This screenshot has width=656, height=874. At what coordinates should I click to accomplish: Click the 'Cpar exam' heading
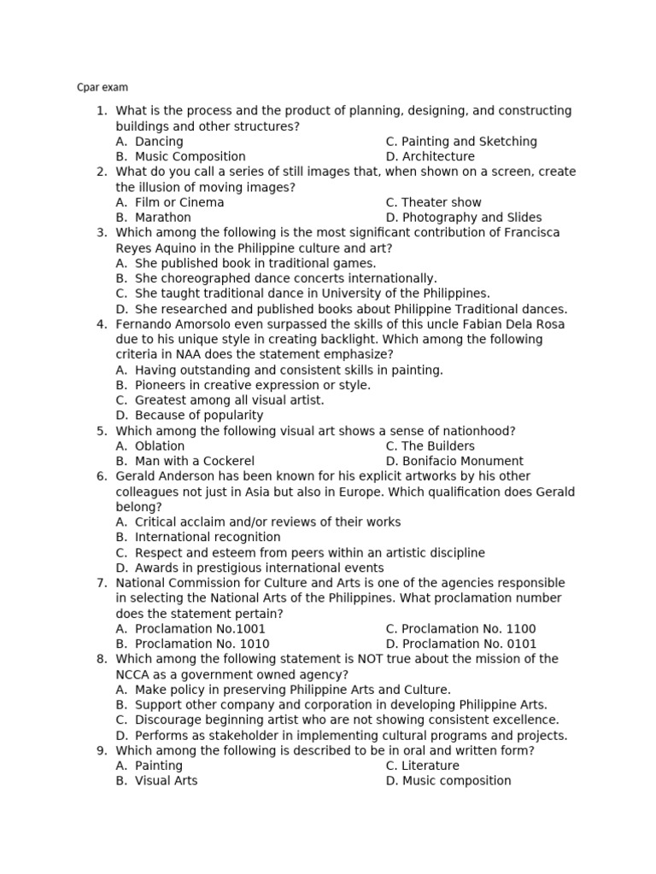[x=102, y=87]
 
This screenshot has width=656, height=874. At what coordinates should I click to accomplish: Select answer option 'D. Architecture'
[x=430, y=157]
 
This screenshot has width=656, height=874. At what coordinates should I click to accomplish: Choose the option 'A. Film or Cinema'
[x=170, y=202]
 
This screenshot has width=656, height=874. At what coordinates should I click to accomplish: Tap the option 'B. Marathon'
[x=154, y=218]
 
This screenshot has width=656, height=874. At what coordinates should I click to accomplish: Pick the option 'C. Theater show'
[x=433, y=202]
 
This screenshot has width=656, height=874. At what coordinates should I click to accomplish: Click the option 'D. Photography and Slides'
[x=463, y=218]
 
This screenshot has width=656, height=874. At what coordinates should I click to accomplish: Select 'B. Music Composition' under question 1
[x=180, y=157]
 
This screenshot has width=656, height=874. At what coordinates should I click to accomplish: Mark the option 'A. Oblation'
[x=150, y=446]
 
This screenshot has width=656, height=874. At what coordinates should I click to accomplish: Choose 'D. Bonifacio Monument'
[x=454, y=462]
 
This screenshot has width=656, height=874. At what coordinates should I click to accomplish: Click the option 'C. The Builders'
[x=430, y=446]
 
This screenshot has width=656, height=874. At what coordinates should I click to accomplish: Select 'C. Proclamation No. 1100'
[x=460, y=629]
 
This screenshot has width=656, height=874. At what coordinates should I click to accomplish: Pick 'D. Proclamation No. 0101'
[x=461, y=644]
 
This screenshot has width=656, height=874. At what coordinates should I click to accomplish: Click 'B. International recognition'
[x=198, y=538]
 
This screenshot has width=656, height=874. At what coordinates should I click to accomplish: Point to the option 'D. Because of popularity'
[x=190, y=416]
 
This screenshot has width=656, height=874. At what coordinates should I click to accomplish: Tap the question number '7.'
[x=102, y=583]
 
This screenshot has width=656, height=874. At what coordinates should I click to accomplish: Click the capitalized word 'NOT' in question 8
[x=344, y=659]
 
